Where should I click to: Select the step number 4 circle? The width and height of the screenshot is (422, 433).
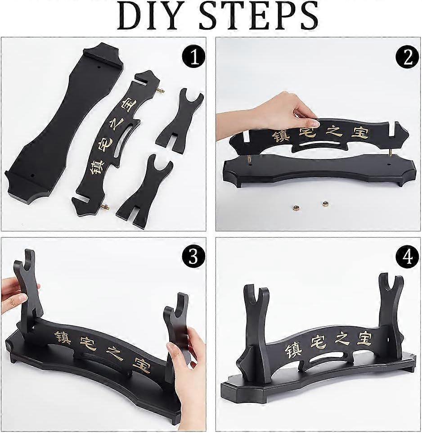coord(408,257)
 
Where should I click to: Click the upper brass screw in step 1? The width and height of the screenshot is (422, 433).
coord(161,91)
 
